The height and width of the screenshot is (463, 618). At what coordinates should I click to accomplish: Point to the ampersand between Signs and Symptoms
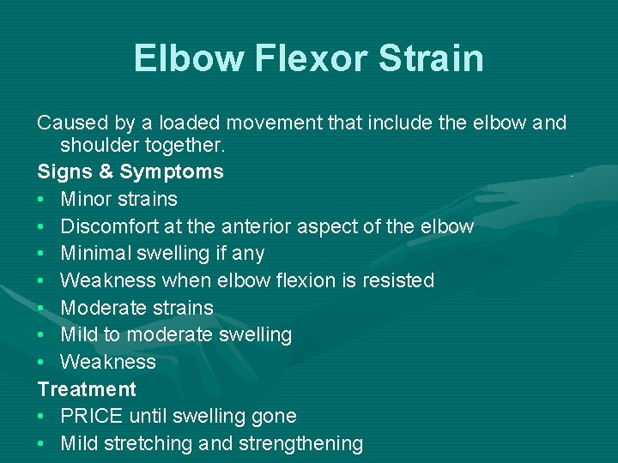point(106,171)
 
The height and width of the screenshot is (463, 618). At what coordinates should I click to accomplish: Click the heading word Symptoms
point(172,172)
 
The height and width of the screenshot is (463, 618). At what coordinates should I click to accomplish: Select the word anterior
point(284,226)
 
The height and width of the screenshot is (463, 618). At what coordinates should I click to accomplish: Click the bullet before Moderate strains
point(42,308)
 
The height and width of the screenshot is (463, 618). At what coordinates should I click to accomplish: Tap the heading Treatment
point(87,389)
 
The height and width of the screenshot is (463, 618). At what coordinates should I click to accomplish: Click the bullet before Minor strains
point(42,199)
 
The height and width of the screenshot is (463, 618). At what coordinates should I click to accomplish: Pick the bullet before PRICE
point(42,417)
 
